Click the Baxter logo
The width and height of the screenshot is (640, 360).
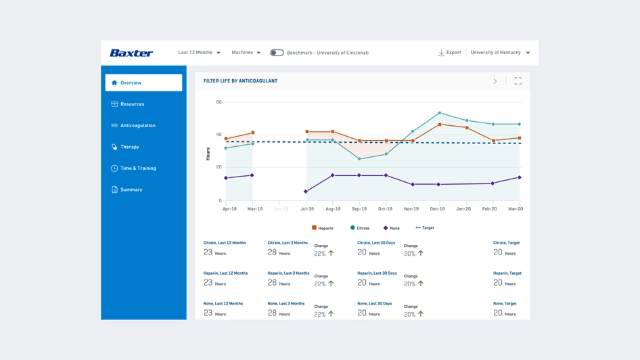(131, 53)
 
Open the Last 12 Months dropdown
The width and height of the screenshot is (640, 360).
(199, 53)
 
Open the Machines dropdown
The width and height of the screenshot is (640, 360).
(246, 53)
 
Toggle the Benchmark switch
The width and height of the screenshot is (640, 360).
(277, 53)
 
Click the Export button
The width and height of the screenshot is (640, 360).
(449, 53)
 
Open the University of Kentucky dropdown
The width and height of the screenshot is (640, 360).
(500, 53)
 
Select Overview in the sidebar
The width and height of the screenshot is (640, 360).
(143, 83)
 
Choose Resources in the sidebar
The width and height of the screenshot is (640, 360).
(132, 104)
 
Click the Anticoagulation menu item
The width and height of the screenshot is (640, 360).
(137, 126)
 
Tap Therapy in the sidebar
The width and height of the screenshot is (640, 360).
(129, 147)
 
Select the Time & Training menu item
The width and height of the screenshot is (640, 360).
(138, 168)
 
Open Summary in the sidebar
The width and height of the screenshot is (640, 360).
(131, 190)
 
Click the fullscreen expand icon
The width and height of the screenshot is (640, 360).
(518, 81)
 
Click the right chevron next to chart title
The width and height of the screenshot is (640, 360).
(495, 81)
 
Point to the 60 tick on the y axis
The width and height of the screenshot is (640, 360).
(219, 102)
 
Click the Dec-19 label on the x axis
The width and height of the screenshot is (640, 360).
(437, 209)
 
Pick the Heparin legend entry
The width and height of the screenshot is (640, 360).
(323, 228)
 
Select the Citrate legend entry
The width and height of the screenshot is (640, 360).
(360, 228)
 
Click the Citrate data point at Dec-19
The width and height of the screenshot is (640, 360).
(440, 113)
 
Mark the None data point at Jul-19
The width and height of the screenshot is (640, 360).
(306, 192)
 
